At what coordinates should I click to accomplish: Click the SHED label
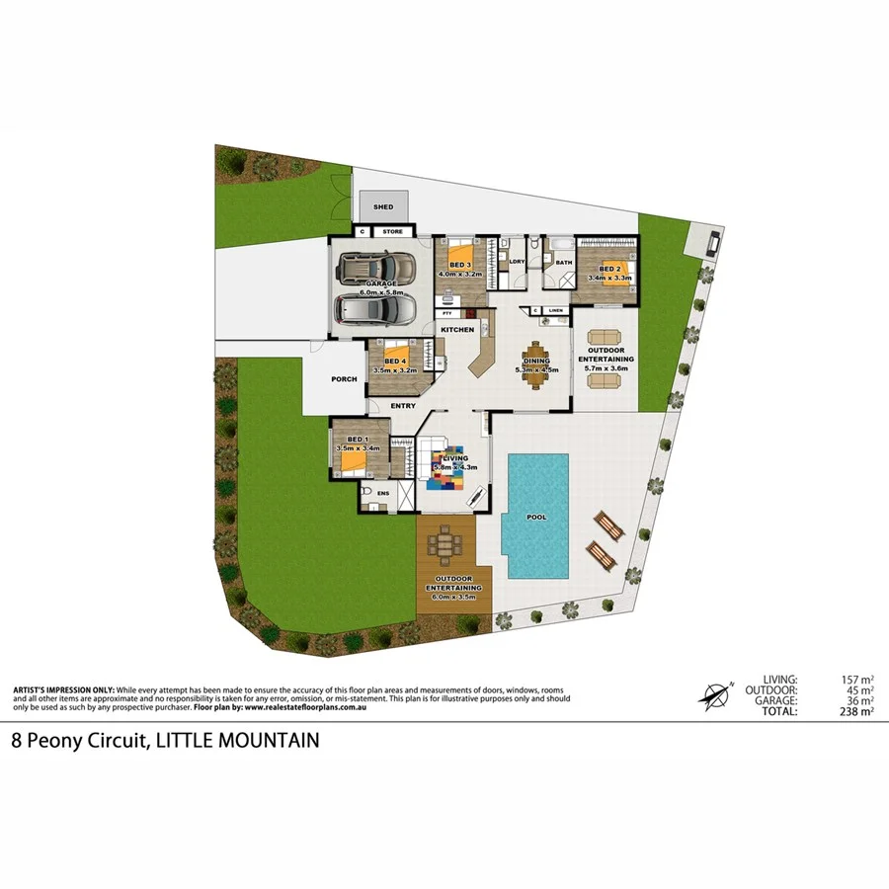coord(383,207)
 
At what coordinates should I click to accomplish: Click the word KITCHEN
coord(457,329)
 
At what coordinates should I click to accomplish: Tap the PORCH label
coord(345,378)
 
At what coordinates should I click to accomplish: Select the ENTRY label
coord(402,406)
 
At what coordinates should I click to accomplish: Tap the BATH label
coord(564,263)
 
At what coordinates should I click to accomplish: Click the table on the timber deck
coord(449,542)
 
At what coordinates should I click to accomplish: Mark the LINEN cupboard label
coord(556,311)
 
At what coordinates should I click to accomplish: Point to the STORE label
coord(392,232)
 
